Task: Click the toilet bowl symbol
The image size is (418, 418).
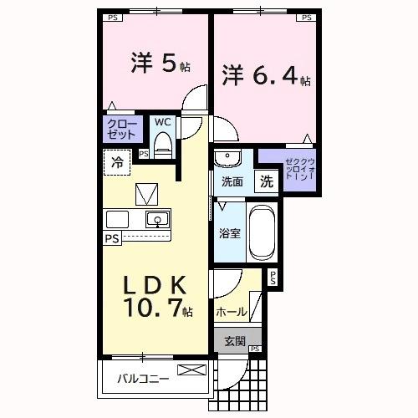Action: coord(164,144)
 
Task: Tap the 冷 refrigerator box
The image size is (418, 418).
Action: coord(117,162)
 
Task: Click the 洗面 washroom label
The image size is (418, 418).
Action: coord(232,181)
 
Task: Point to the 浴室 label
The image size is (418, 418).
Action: coord(230,233)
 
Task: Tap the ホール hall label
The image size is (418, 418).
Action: coord(231,312)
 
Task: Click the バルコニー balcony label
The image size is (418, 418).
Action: coord(143,378)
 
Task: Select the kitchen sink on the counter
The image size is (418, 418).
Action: coord(155,220)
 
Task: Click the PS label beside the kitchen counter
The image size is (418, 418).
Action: coord(111,238)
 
